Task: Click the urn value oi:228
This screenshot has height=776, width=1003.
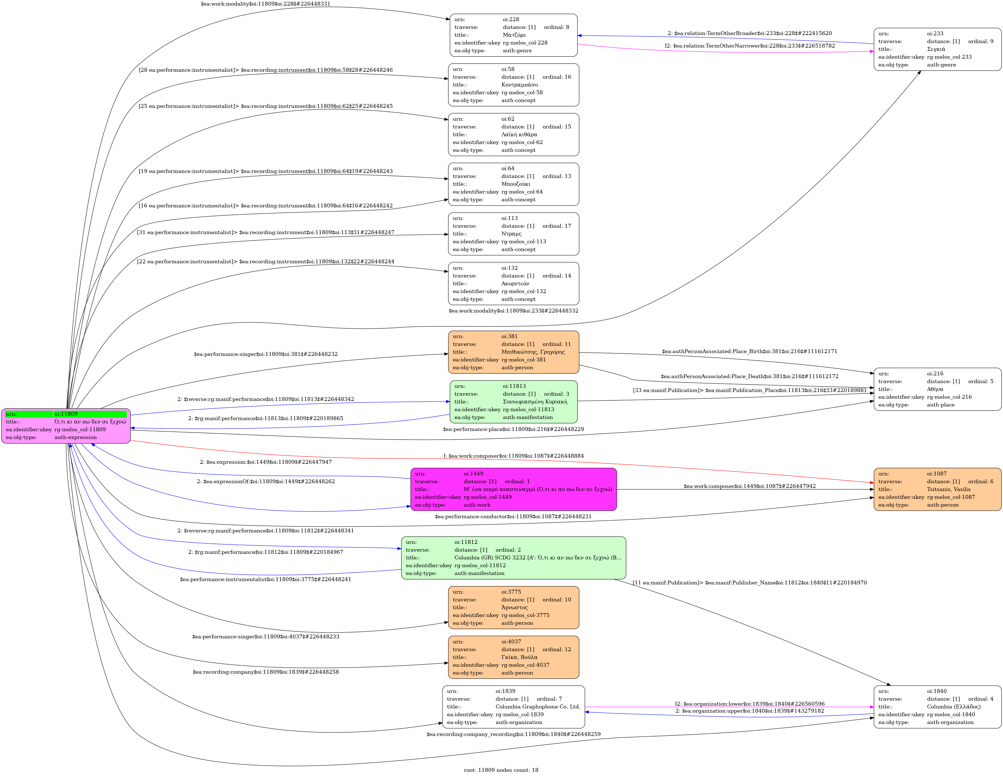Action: (x=511, y=19)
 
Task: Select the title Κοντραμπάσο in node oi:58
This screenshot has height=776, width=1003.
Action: (x=519, y=85)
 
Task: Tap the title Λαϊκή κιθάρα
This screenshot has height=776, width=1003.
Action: (x=519, y=135)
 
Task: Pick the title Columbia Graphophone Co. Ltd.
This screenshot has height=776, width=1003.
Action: (x=537, y=706)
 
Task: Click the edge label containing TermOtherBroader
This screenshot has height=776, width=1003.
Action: (x=749, y=33)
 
